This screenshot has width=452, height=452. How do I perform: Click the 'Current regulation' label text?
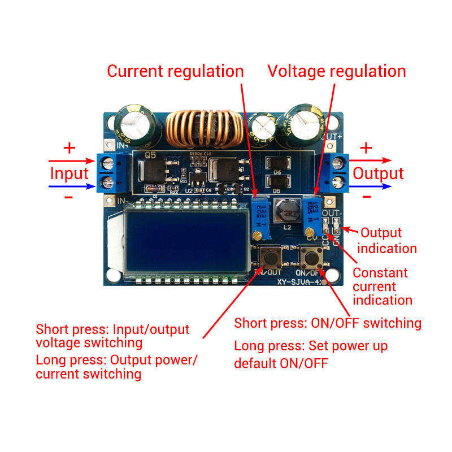(175, 71)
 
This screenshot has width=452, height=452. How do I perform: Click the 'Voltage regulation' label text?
(337, 71)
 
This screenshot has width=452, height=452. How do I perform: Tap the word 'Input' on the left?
(69, 173)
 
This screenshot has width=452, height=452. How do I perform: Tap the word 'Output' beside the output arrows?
(379, 173)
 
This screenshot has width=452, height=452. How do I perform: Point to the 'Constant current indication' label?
(383, 286)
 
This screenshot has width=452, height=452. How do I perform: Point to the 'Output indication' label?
(388, 240)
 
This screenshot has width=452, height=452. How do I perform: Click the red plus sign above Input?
(69, 149)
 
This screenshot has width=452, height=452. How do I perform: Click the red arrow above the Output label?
(370, 160)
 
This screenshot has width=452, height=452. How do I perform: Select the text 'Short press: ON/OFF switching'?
(328, 323)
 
